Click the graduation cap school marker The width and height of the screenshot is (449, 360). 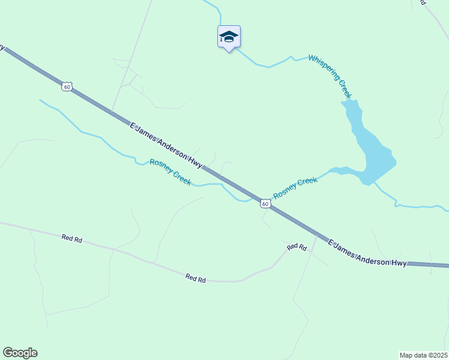tap(228, 37)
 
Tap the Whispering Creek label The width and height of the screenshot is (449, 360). tap(330, 76)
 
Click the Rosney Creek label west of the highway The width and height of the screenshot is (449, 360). tap(170, 172)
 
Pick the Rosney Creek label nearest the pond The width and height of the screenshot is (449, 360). tap(295, 188)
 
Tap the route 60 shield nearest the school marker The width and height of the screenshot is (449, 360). tap(67, 86)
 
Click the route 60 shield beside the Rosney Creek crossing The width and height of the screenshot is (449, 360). tap(265, 204)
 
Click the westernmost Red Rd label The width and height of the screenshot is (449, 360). tap(71, 238)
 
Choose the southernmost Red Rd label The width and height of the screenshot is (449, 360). tap(196, 278)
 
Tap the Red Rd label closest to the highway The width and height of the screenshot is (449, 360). tap(297, 247)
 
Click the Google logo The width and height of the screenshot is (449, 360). tap(20, 353)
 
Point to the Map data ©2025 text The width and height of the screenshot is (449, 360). tap(423, 355)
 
